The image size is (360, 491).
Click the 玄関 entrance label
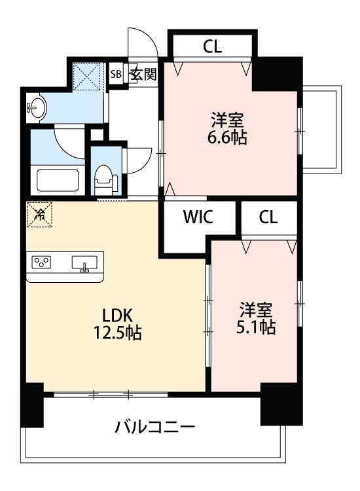143,73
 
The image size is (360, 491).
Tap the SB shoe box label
116,74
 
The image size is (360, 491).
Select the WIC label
198,218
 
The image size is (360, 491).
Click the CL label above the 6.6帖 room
212,46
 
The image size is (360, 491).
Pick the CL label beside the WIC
268,218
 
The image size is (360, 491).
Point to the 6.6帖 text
228,138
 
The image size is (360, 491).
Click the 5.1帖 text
256,327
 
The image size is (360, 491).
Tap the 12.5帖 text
117,332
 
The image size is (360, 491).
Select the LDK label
116,313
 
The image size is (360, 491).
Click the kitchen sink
84,263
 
